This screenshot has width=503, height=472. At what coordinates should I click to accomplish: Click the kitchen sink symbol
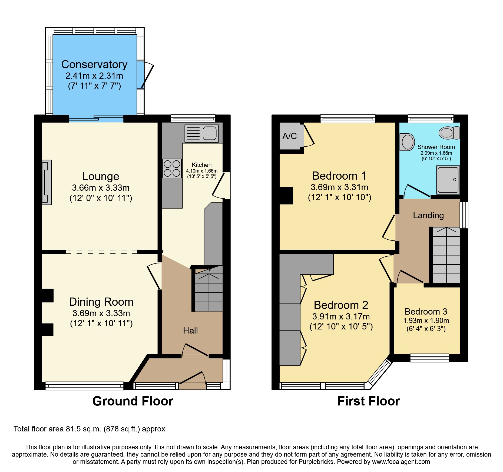(x=201, y=133)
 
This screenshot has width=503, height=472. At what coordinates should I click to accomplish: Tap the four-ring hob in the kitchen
(x=172, y=168)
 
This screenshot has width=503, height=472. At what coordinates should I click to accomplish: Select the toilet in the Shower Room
(x=449, y=133)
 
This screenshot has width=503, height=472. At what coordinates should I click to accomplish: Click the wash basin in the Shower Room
(x=407, y=142)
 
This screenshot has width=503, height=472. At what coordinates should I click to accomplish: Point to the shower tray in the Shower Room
(x=448, y=180)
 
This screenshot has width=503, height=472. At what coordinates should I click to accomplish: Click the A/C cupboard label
(x=289, y=136)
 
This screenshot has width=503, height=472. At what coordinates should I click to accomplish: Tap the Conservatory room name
(x=94, y=64)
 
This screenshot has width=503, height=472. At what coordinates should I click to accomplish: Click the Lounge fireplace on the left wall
(x=47, y=182)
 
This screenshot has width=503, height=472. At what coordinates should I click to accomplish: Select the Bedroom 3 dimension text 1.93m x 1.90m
(x=426, y=321)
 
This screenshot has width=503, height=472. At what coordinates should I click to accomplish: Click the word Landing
(x=428, y=215)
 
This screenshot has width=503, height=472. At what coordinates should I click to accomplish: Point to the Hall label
(x=190, y=331)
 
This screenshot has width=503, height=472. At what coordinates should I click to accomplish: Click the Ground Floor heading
(x=133, y=401)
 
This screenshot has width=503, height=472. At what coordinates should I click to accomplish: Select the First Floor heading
(x=368, y=401)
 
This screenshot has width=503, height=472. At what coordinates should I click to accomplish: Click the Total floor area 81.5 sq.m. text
(x=89, y=429)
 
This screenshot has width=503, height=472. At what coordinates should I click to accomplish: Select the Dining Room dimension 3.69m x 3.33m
(x=101, y=313)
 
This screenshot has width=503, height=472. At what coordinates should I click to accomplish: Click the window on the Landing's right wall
(x=464, y=215)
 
